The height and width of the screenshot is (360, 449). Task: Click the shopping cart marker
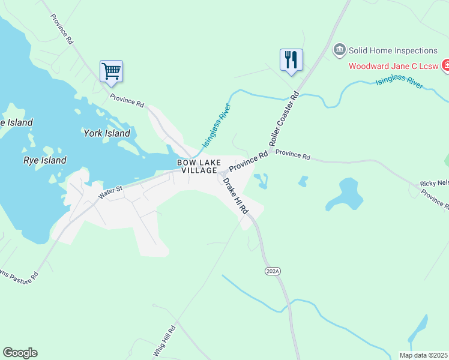click(112, 71)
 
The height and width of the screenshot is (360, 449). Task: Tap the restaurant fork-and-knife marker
click(291, 59)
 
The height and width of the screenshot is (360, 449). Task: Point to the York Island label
click(106, 133)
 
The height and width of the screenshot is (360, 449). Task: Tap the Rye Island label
click(44, 160)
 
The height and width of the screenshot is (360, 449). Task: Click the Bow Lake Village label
click(199, 166)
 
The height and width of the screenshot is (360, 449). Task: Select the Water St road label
click(110, 190)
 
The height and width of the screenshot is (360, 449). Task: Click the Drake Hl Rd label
click(235, 196)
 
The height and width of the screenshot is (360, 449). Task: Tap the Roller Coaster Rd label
click(284, 120)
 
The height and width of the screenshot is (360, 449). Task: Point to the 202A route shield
click(273, 271)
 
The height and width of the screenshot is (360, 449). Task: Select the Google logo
click(20, 353)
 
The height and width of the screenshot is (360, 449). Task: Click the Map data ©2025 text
click(423, 355)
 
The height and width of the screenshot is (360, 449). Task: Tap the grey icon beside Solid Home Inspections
click(340, 49)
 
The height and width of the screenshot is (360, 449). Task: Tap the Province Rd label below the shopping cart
click(127, 100)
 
